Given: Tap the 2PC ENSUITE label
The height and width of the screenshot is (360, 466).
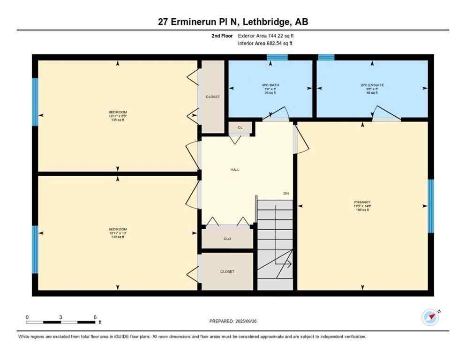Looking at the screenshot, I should pyautogui.click(x=372, y=85).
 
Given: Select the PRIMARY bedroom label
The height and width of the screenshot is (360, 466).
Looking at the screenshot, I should pyautogui.click(x=362, y=202).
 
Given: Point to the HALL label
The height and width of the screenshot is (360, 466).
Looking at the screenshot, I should pyautogui.click(x=235, y=169).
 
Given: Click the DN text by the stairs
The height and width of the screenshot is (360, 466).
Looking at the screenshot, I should pyautogui.click(x=286, y=194).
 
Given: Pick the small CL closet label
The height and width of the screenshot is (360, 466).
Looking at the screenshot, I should pyautogui.click(x=240, y=127).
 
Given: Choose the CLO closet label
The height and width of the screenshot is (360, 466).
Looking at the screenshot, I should pyautogui.click(x=227, y=239).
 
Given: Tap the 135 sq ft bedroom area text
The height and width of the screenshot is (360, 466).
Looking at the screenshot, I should pyautogui.click(x=118, y=120).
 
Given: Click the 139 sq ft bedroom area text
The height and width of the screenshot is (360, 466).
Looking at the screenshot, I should pyautogui.click(x=118, y=237).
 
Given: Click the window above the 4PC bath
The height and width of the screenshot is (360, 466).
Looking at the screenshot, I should pyautogui.click(x=277, y=58).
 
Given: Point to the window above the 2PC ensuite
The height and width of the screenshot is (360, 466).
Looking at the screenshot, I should pyautogui.click(x=326, y=58).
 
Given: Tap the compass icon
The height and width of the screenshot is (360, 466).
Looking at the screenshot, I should pyautogui.click(x=430, y=317).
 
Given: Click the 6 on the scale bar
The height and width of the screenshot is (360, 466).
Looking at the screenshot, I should pyautogui.click(x=95, y=317).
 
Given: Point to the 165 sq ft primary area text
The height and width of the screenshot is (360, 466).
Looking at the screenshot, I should pyautogui.click(x=362, y=210).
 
